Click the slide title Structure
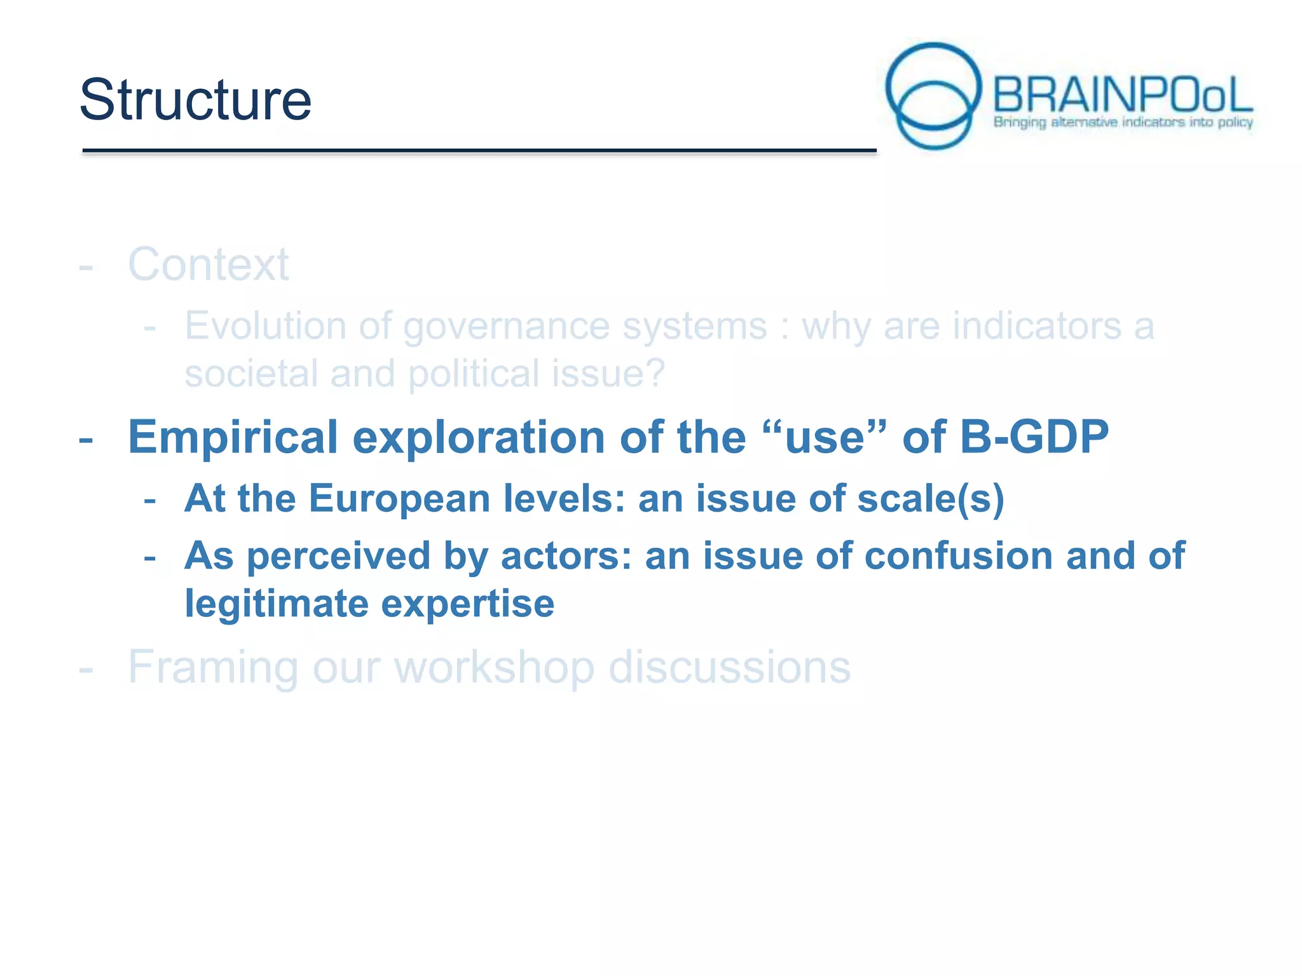(x=195, y=100)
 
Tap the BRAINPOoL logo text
(x=1122, y=95)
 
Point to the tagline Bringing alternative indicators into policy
(x=1123, y=122)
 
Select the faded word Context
(x=208, y=264)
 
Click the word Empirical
(x=233, y=438)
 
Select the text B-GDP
(x=1034, y=437)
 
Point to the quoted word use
(x=825, y=438)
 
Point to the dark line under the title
(x=479, y=151)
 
